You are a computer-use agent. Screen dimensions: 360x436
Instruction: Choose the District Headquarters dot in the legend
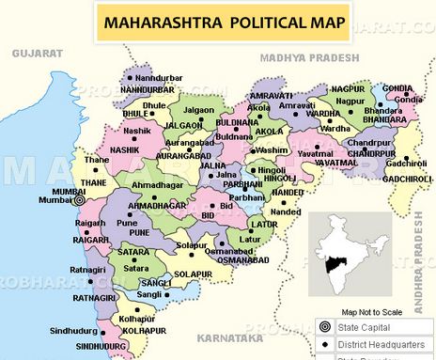324,345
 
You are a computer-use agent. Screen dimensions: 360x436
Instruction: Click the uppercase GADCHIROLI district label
408,179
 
